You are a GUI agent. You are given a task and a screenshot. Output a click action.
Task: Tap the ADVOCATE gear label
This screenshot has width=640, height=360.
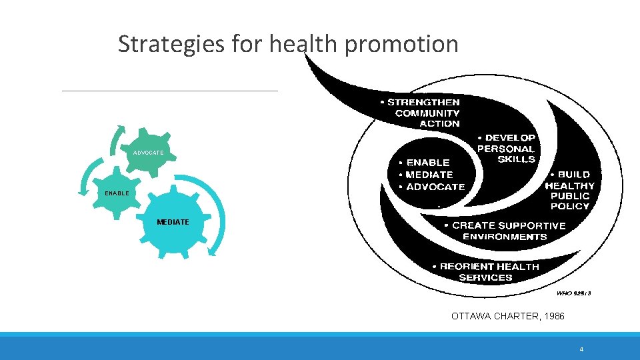pos(148,153)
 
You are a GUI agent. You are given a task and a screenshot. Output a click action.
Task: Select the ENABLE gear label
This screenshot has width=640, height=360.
pos(117,193)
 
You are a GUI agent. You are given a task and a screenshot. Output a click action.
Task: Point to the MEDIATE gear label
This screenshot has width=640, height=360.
pos(173,222)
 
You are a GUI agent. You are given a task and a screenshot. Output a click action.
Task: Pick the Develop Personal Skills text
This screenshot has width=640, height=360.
pos(507,149)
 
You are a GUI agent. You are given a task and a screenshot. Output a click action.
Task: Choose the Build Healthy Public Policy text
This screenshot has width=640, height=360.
pos(570,191)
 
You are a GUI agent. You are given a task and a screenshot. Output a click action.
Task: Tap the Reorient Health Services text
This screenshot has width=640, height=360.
pos(486,271)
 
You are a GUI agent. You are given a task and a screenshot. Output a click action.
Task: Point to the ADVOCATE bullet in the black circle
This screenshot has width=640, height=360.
pos(431,187)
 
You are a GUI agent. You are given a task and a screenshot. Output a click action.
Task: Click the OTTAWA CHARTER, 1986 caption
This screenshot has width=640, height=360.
pos(507,316)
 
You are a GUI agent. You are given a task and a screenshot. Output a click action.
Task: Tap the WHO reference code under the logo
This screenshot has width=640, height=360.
pos(573,293)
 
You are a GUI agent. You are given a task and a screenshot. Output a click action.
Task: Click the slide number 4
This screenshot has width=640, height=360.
pos(581,349)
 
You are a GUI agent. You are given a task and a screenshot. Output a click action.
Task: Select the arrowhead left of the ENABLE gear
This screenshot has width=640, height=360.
pos(83,191)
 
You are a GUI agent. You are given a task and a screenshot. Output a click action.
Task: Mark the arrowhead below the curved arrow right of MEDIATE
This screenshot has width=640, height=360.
pos(213,251)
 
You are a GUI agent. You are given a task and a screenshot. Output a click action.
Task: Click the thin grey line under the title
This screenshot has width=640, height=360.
pos(169,91)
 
